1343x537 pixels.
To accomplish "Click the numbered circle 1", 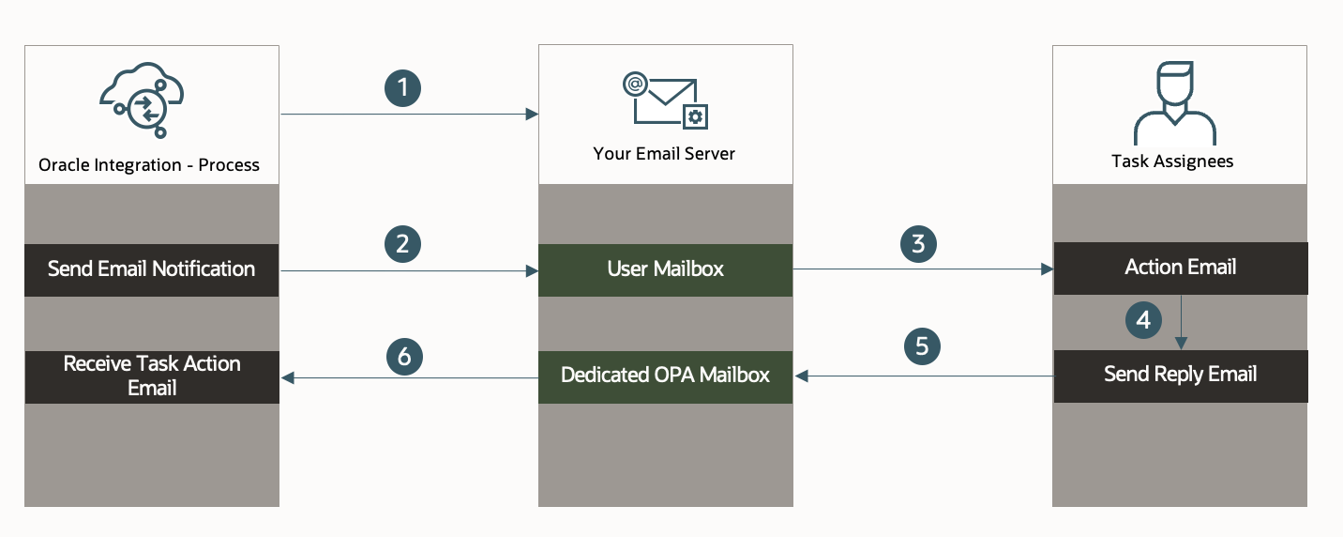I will tap(402, 88).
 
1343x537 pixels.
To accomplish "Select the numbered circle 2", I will tap(402, 244).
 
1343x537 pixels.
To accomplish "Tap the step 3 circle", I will tap(918, 244).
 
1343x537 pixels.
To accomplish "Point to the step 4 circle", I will tap(1143, 320).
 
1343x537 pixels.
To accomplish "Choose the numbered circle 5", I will tap(922, 346).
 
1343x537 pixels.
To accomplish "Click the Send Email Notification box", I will tap(151, 269).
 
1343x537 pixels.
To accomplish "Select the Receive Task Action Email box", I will tap(151, 376).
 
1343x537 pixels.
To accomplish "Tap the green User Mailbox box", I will tap(665, 269).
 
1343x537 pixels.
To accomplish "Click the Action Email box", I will tap(1180, 268).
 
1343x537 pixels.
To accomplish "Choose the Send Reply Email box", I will tap(1180, 376).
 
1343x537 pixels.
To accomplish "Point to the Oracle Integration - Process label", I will tap(149, 165).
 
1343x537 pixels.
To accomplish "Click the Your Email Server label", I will tap(664, 153).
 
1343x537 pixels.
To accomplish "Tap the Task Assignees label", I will tap(1172, 161).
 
